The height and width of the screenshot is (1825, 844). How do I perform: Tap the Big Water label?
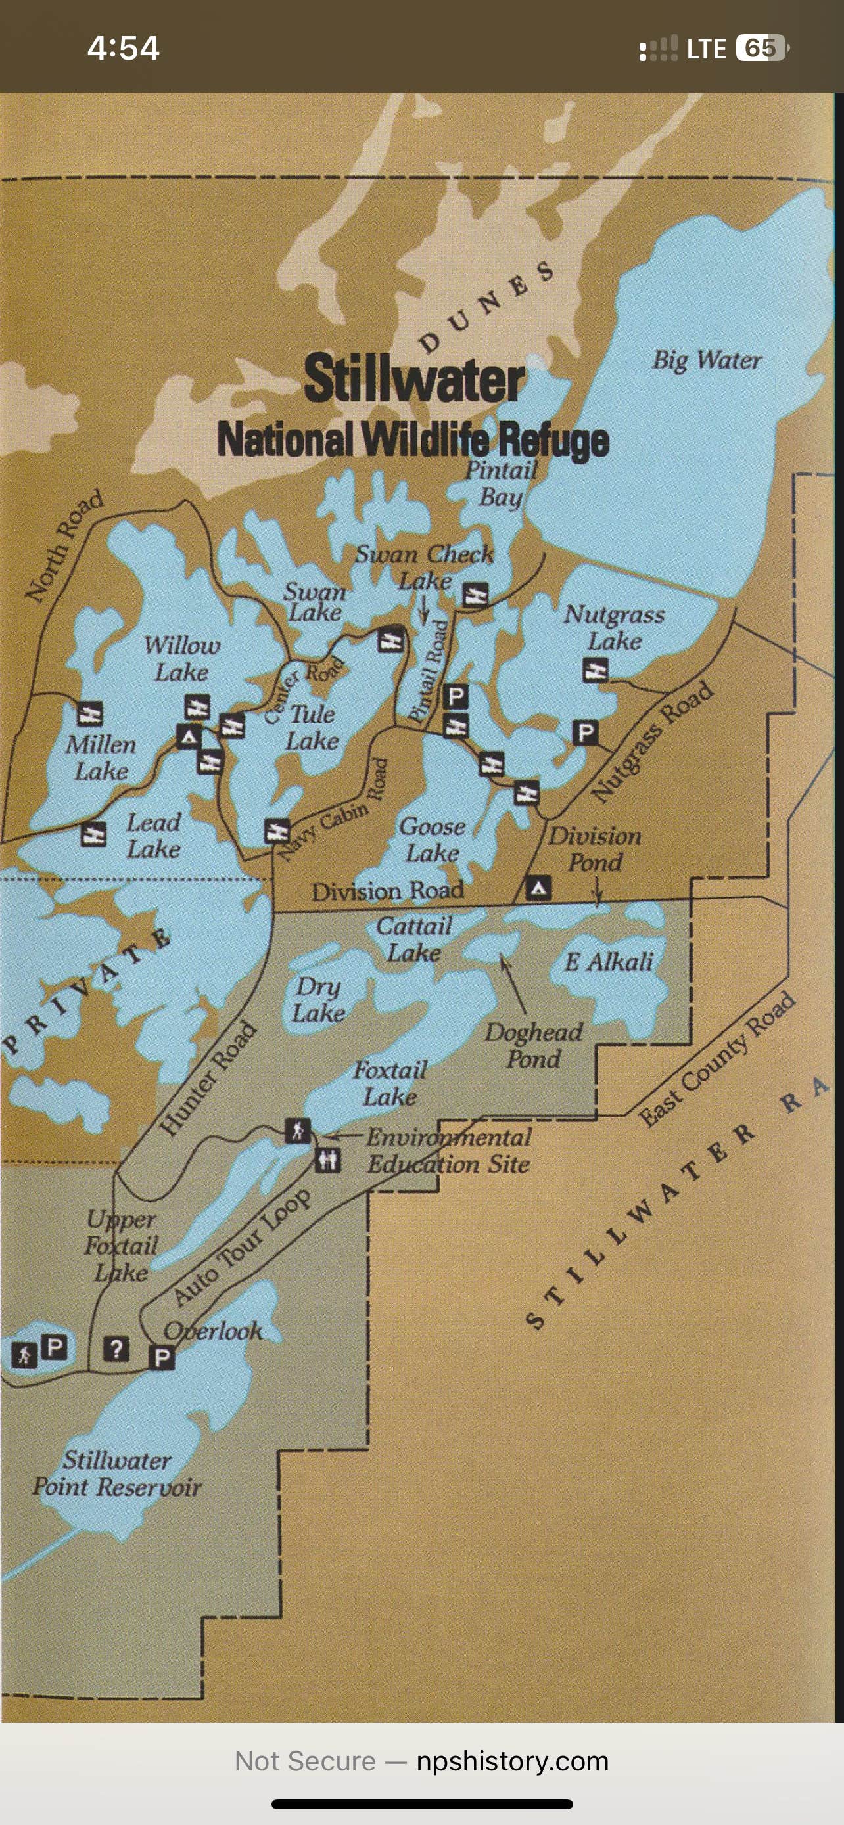click(707, 361)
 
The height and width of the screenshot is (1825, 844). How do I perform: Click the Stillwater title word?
click(415, 379)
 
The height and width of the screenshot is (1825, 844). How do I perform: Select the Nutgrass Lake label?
click(614, 627)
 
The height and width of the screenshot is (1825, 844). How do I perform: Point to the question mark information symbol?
click(116, 1349)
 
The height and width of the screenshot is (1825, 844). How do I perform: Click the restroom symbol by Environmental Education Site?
click(327, 1160)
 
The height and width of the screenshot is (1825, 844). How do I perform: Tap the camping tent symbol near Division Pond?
click(538, 888)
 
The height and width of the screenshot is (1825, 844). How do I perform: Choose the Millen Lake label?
click(101, 757)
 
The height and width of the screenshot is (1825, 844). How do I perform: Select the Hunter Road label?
click(207, 1077)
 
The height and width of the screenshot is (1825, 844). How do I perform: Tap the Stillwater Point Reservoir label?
click(117, 1474)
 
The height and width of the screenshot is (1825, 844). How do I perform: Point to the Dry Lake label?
click(318, 1000)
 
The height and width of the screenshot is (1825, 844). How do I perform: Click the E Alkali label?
click(609, 962)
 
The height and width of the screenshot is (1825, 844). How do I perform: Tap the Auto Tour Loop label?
click(241, 1247)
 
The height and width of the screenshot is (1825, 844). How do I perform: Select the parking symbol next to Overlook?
click(162, 1358)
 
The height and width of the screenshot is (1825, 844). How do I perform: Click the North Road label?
click(64, 546)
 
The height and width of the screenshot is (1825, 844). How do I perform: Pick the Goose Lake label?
click(432, 840)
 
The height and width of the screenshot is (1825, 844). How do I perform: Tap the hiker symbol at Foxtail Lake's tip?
click(298, 1130)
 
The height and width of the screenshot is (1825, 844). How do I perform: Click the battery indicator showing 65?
click(761, 48)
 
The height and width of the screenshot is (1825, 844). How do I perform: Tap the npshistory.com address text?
click(512, 1761)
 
